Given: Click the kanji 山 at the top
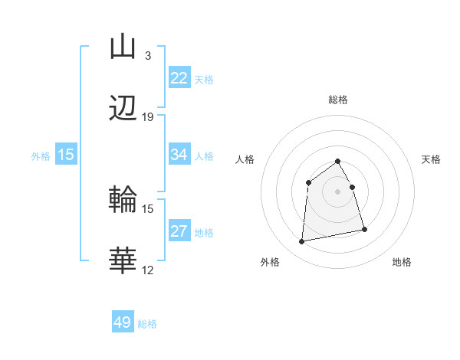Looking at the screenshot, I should click(x=123, y=47).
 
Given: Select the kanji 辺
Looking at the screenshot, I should click(x=123, y=110).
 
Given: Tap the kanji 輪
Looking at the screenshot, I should click(x=123, y=200).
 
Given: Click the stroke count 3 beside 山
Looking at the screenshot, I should click(x=147, y=55).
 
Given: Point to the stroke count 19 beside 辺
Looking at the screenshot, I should click(x=147, y=117).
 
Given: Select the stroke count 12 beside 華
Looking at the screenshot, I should click(x=147, y=270).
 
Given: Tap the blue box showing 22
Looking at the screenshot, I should click(x=179, y=78).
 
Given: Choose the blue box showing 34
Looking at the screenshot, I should click(x=179, y=155).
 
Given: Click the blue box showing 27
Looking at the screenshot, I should click(x=179, y=231).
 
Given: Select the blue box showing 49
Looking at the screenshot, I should click(x=123, y=322).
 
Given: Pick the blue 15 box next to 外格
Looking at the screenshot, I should click(x=66, y=155).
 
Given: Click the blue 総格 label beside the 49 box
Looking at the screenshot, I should click(x=147, y=324).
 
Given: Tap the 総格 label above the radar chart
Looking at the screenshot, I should click(x=338, y=100).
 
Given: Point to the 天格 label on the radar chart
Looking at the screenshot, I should click(x=431, y=159).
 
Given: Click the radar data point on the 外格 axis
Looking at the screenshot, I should click(x=302, y=242).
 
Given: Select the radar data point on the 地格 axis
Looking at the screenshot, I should click(x=364, y=229).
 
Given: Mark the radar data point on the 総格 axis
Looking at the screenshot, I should click(x=338, y=161).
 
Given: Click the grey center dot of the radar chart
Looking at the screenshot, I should click(x=338, y=191).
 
